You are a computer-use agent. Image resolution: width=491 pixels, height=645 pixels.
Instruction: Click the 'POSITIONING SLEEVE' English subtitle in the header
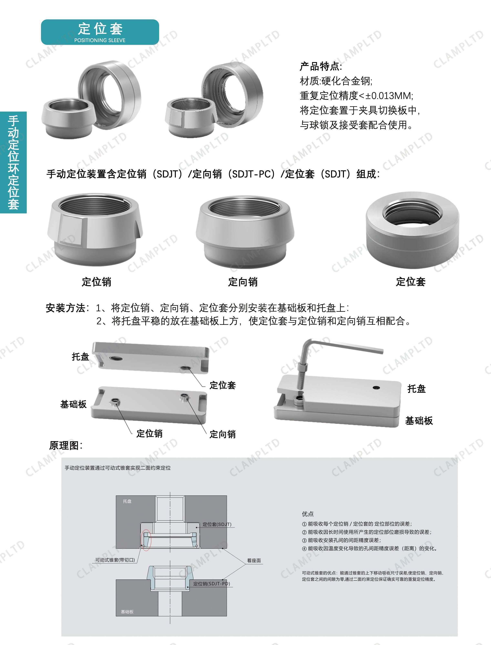[x=100, y=40]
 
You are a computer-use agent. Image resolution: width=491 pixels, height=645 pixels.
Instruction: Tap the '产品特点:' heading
[x=321, y=66]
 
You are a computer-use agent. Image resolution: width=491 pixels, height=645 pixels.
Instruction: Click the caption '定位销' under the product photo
[x=96, y=282]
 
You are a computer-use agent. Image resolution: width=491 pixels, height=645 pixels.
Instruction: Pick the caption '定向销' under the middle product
[x=243, y=282]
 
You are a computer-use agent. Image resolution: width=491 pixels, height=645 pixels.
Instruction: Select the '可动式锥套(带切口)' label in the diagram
[x=115, y=560]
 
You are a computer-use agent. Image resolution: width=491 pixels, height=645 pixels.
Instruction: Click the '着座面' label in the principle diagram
[x=254, y=560]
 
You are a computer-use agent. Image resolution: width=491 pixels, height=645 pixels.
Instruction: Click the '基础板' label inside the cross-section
[x=127, y=611]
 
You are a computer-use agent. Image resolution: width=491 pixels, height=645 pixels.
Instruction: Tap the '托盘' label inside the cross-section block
[x=127, y=501]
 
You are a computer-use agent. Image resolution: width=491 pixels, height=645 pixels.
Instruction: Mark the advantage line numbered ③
[x=341, y=540]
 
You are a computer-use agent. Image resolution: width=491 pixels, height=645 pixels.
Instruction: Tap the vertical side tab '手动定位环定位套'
[x=13, y=162]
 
